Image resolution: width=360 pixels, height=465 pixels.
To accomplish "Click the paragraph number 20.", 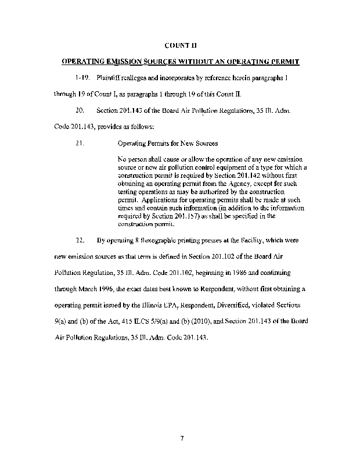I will [80, 109].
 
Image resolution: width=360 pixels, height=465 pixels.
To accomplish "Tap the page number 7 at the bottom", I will [181, 437].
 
